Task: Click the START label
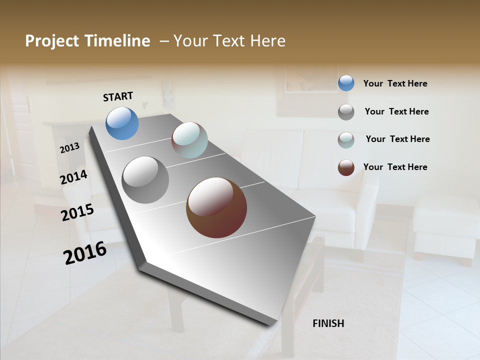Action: (x=118, y=96)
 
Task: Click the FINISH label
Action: (x=328, y=323)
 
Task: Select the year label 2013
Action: (x=70, y=148)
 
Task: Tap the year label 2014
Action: (x=74, y=177)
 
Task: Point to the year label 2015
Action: (x=77, y=212)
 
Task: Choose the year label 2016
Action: (x=85, y=252)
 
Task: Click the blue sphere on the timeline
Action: (x=122, y=123)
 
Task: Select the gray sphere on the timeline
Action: (x=145, y=180)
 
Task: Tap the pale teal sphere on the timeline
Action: (x=189, y=140)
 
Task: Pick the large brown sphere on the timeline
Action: (x=216, y=207)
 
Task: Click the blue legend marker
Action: (x=346, y=83)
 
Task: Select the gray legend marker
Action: (x=346, y=111)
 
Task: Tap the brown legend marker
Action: (x=346, y=167)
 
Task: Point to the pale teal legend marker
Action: (x=346, y=139)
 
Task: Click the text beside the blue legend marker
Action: (x=395, y=83)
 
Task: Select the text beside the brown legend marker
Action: (x=395, y=167)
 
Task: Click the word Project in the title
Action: (x=52, y=41)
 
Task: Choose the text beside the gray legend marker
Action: (x=396, y=111)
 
